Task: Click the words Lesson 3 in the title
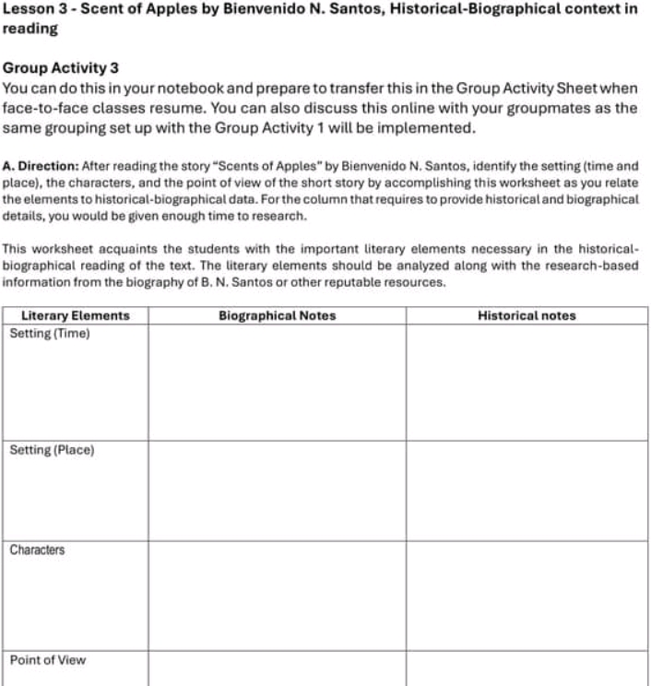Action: (x=34, y=8)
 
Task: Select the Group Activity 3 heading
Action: (x=61, y=68)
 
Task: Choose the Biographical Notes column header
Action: (x=277, y=315)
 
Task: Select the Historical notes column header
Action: (x=527, y=315)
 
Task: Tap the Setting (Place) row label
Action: (x=52, y=450)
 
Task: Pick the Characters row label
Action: (x=37, y=550)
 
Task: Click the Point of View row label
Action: (x=47, y=660)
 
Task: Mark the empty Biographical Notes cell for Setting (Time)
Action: (x=277, y=383)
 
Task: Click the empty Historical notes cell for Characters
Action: (x=527, y=596)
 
